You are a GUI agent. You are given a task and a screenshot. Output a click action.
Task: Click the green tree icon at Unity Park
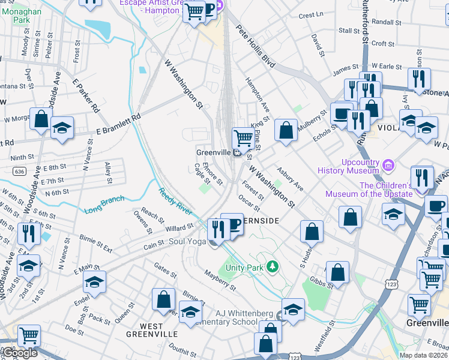[x=273, y=266]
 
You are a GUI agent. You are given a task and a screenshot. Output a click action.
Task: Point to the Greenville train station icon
[x=237, y=152]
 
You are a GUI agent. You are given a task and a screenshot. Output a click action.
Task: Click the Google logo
[x=19, y=353]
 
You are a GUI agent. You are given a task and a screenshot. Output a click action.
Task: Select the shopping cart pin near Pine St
[x=243, y=137]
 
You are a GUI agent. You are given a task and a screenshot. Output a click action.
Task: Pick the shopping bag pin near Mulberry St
[x=286, y=129]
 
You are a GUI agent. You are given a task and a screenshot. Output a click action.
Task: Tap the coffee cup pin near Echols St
[x=342, y=112]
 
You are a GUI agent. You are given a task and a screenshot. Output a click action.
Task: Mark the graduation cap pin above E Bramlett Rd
[x=62, y=128]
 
